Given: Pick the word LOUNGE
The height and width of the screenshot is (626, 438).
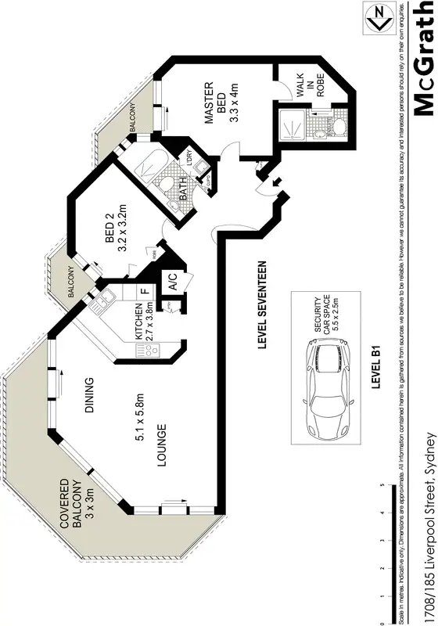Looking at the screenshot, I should [x=161, y=445].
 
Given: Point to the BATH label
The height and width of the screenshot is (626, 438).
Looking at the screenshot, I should [x=185, y=190].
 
